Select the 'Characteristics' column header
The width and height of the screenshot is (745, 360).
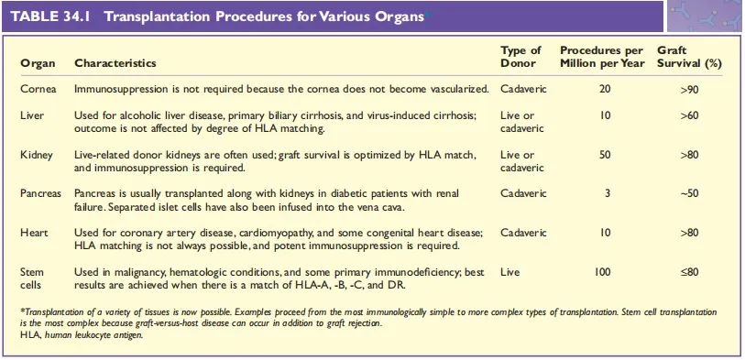click(115, 62)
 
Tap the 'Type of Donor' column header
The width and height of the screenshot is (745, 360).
click(520, 57)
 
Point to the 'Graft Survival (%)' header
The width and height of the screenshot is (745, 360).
click(689, 57)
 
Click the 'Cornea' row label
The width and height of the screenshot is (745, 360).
click(38, 89)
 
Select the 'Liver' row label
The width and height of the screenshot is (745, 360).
click(32, 115)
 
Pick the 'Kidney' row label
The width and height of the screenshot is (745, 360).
click(36, 155)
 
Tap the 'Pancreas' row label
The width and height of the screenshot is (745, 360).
click(40, 194)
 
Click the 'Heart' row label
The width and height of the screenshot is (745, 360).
click(33, 233)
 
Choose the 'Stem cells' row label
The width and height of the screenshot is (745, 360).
click(32, 278)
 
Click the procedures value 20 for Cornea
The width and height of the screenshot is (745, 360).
click(605, 89)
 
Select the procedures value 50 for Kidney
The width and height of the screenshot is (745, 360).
click(605, 155)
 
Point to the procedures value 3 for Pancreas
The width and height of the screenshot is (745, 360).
click(608, 194)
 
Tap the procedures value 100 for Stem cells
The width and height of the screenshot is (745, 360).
click(602, 272)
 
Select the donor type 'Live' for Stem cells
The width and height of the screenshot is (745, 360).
click(509, 272)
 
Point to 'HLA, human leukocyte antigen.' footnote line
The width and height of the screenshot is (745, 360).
click(82, 335)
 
